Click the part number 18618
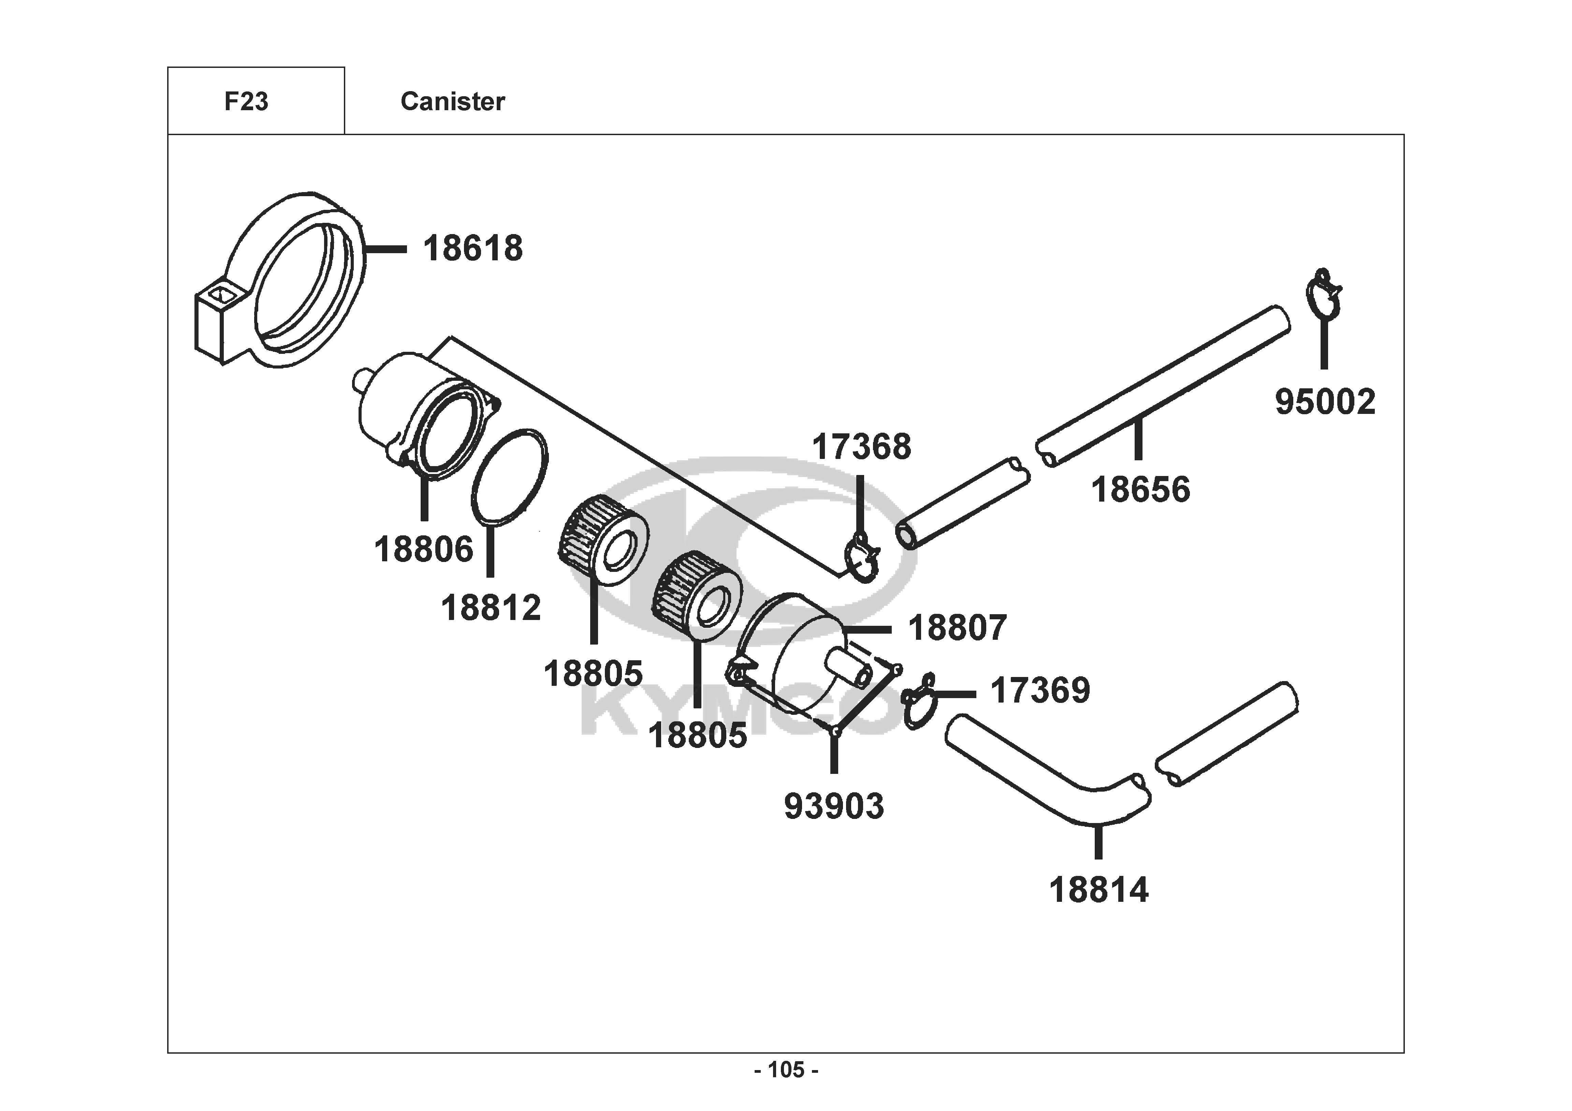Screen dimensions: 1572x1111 pos(472,249)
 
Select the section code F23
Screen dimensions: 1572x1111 pos(247,101)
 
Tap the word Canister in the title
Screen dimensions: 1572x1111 pos(453,101)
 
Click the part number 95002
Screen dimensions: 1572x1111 pos(1325,402)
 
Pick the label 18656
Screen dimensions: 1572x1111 pos(1141,490)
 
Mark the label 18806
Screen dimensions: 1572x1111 pos(424,549)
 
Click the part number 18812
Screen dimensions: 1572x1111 pos(491,608)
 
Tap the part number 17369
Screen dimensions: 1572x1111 pos(1040,690)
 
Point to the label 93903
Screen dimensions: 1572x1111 pos(834,806)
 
